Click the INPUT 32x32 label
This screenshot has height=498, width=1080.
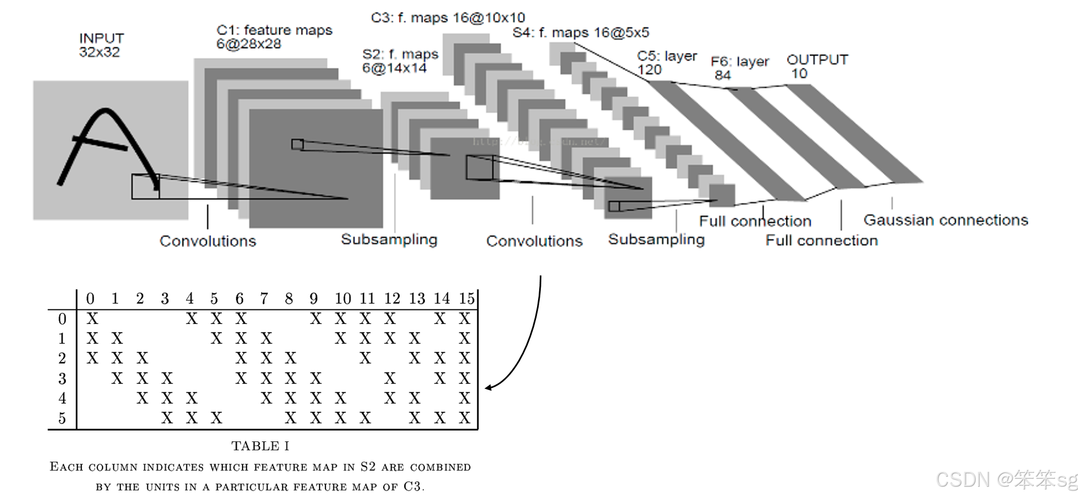coord(101,45)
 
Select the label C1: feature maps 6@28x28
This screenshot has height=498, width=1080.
coord(274,37)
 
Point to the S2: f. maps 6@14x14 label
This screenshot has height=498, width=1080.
coord(400,61)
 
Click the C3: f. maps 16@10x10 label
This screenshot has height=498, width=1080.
coord(448,18)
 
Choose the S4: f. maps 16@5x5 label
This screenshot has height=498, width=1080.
coord(580,33)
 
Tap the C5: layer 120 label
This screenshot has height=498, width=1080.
coord(666,63)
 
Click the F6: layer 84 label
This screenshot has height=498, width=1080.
coord(739,68)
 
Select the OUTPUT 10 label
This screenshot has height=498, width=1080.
coord(817,66)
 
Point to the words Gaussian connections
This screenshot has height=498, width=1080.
coord(945,220)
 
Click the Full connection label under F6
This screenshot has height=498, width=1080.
coord(821,240)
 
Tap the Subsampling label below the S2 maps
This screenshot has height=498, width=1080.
coord(389,239)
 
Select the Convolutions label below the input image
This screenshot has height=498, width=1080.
coord(207,241)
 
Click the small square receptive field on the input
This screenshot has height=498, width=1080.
coord(145,186)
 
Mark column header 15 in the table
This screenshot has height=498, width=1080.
coord(467,298)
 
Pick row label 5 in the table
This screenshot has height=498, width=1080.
coord(62,418)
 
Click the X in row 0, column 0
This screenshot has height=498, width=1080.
coord(92,319)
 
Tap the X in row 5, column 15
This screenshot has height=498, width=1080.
coord(464,418)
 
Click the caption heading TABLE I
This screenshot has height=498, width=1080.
coord(260,446)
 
